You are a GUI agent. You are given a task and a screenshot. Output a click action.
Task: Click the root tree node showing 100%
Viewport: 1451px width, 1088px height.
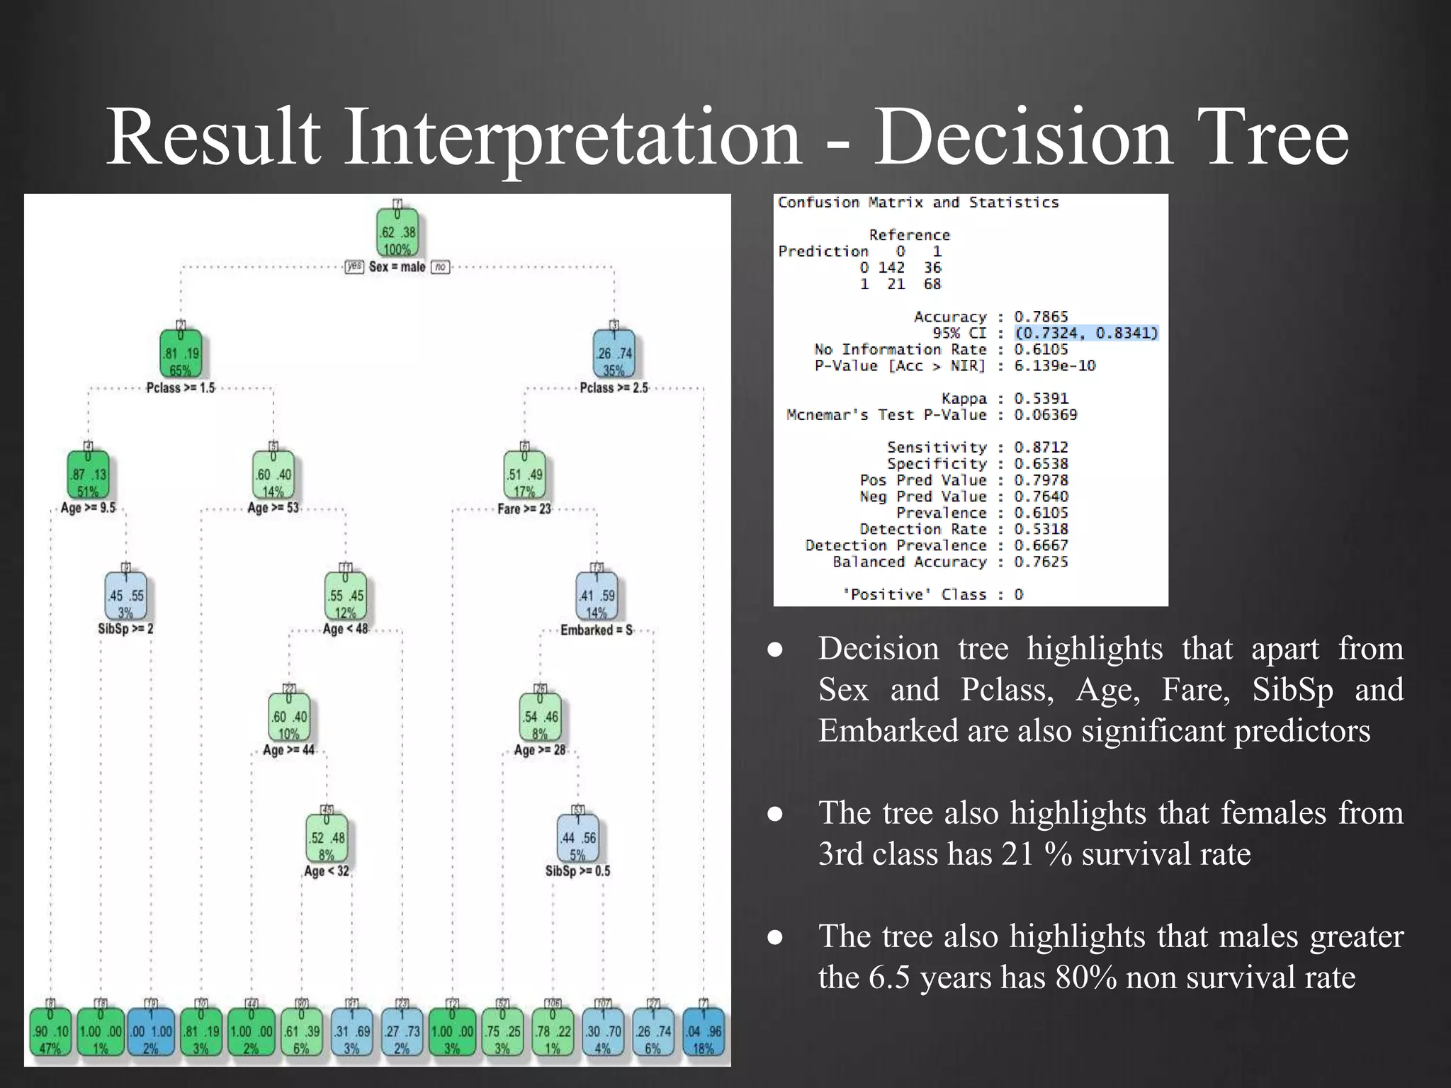click(397, 232)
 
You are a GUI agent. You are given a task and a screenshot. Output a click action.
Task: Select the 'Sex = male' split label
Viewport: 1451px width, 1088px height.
click(397, 267)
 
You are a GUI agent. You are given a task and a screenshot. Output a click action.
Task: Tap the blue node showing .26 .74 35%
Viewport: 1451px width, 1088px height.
click(614, 354)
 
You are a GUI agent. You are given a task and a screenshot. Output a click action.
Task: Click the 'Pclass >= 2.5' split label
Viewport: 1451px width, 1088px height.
click(614, 388)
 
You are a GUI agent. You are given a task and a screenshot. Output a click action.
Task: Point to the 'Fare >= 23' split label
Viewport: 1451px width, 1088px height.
click(524, 509)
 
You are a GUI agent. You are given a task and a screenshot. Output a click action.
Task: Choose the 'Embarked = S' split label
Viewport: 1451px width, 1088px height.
click(597, 630)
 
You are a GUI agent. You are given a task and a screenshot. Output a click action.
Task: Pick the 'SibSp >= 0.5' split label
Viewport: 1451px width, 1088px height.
click(577, 871)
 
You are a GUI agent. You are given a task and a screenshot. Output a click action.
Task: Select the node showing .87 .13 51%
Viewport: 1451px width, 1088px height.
click(88, 475)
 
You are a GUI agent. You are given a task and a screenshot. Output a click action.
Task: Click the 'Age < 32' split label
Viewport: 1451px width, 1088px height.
click(327, 871)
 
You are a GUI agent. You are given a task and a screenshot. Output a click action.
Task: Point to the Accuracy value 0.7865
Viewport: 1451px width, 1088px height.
click(1040, 317)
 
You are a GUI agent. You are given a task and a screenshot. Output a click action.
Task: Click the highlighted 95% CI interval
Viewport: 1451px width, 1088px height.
click(1085, 333)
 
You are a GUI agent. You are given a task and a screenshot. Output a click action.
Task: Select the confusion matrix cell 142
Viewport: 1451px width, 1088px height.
click(891, 268)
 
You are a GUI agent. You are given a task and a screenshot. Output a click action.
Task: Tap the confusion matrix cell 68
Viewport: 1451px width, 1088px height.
click(932, 284)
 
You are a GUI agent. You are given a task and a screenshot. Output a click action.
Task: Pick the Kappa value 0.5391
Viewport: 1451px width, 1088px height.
click(1040, 399)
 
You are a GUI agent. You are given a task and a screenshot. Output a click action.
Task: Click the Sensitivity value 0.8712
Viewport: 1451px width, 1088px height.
click(1040, 448)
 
